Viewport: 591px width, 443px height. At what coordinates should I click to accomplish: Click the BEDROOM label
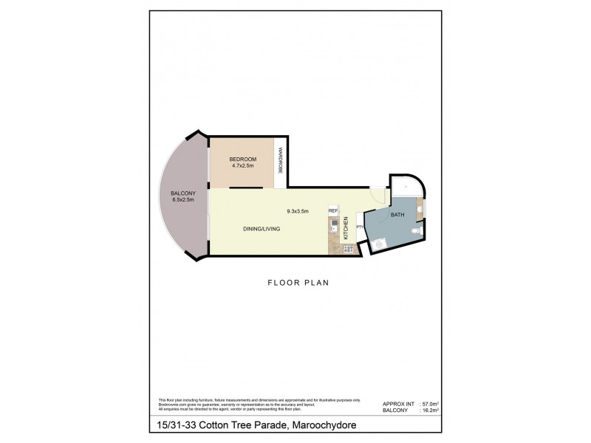click(242, 159)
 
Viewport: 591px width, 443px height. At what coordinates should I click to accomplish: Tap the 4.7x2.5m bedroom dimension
click(242, 167)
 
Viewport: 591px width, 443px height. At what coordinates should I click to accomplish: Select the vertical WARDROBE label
click(280, 161)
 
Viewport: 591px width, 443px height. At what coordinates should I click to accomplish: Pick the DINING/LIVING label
click(262, 229)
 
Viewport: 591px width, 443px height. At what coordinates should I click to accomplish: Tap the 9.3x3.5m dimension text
click(298, 211)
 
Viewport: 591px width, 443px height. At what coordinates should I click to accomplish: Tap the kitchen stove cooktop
click(333, 247)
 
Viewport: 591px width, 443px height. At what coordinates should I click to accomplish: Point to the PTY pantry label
click(360, 227)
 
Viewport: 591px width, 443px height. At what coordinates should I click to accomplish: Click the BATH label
click(397, 215)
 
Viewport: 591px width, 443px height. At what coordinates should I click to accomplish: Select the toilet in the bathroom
click(415, 232)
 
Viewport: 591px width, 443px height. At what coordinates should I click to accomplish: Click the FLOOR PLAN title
click(298, 282)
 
